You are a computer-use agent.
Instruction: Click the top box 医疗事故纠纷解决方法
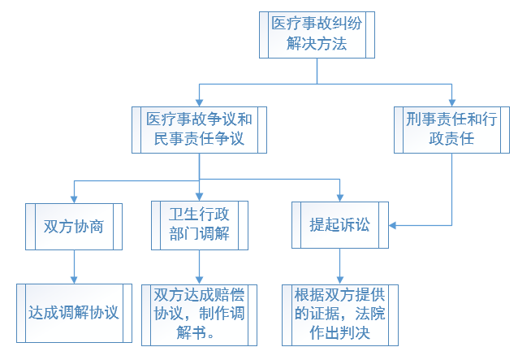(317, 35)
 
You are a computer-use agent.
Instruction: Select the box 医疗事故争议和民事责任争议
(199, 129)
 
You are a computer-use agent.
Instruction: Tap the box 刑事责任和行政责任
(451, 129)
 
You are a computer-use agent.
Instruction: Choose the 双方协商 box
(74, 225)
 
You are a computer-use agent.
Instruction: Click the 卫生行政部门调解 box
(199, 225)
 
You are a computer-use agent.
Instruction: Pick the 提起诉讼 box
(340, 225)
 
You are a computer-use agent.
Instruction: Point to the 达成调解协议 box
(74, 312)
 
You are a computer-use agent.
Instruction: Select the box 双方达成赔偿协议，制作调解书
(199, 312)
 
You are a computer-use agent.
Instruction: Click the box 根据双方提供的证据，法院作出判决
(340, 312)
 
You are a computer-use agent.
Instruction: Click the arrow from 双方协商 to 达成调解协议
(74, 267)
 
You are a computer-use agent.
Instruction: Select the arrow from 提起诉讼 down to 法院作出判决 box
(340, 267)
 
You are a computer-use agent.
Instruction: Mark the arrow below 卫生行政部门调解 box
(199, 267)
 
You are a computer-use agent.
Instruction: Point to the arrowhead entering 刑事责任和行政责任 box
(451, 102)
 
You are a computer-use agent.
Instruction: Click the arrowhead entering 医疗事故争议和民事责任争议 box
(199, 102)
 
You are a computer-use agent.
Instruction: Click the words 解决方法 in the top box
(317, 45)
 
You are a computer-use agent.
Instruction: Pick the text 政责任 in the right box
(451, 139)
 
